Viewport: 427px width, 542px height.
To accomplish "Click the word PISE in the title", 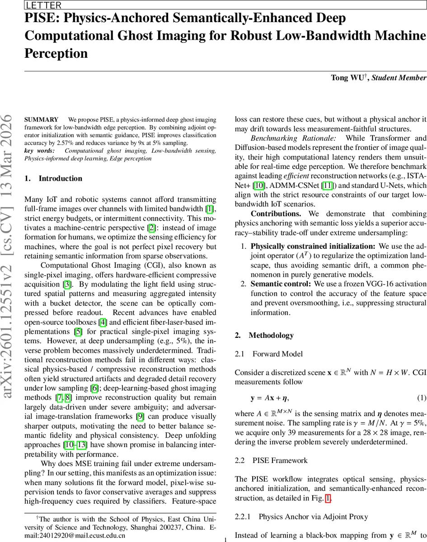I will click(38, 19).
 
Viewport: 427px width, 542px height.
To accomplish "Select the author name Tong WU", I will click(348, 78).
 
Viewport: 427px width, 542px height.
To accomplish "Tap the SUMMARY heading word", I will click(41, 120).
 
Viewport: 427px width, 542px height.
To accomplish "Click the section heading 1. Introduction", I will click(53, 178).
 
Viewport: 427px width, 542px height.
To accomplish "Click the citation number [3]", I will click(67, 284).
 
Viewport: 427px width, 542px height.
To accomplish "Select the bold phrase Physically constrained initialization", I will click(313, 246).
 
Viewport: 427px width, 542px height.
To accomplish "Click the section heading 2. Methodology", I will click(264, 335).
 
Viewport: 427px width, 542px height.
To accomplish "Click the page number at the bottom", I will click(225, 539).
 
